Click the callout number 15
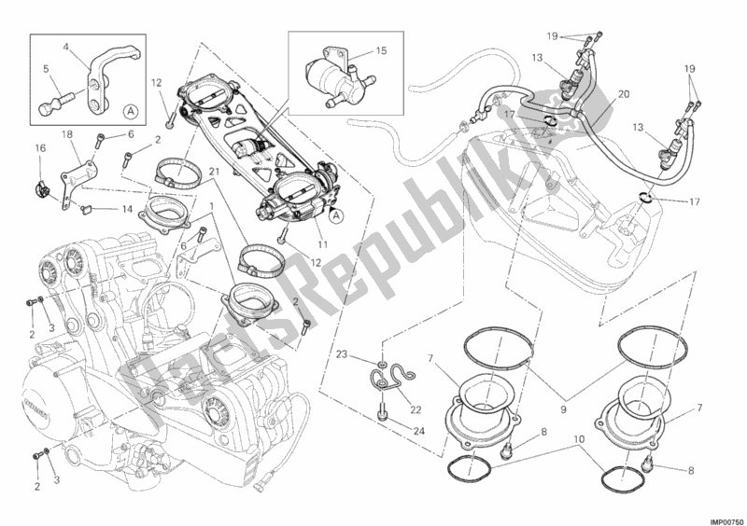coord(380,50)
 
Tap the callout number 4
coord(65,47)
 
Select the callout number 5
coord(46,69)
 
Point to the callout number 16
coord(40,148)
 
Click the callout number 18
coord(67,134)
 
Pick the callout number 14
coord(126,208)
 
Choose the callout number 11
coord(323,244)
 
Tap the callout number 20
coord(623,94)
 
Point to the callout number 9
coord(563,408)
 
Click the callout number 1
coord(212,207)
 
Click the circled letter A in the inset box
coord(129,111)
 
